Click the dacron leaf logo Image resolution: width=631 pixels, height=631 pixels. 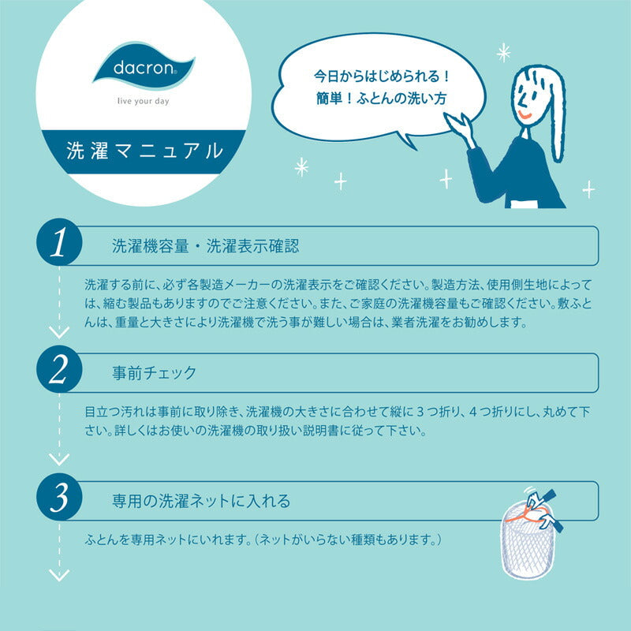coord(144,65)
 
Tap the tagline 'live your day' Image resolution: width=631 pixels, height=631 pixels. coord(144,101)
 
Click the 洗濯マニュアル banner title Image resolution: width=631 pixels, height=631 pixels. coord(144,151)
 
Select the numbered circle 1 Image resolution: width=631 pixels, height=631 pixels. coord(59,242)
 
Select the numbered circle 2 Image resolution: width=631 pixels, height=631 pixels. coord(59,369)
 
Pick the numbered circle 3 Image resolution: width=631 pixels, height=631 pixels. coord(59,497)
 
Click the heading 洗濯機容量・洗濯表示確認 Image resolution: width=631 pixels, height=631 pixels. coord(206,246)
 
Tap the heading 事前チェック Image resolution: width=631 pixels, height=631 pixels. coord(154,372)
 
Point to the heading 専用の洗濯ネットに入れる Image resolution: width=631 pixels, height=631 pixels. coord(201,501)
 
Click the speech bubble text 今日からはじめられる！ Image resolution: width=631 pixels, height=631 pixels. coord(381,76)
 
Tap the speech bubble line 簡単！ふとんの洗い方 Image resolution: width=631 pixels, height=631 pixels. coord(381,98)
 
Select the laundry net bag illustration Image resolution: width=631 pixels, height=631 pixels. coord(530,535)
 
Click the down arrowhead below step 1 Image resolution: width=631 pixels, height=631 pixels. coord(59,332)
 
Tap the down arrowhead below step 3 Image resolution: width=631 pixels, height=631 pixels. coord(59,575)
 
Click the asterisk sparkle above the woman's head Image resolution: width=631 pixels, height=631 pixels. coord(503,53)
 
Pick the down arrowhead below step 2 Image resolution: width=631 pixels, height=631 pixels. coord(59,459)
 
